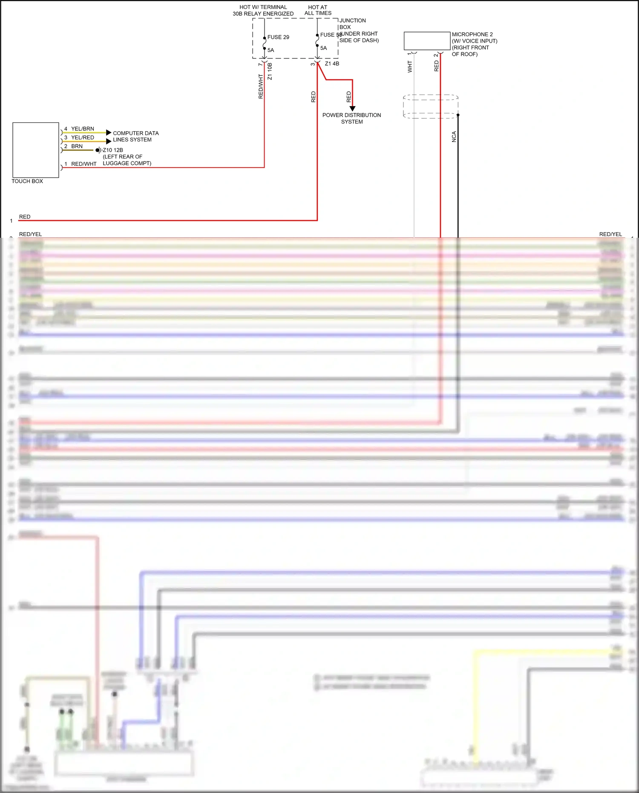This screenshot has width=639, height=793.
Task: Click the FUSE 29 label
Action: coord(278,37)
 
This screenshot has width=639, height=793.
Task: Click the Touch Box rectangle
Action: coord(36,150)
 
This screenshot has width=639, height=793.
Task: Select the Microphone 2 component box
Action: coord(427,41)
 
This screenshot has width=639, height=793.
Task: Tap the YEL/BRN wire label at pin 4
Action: coord(83,129)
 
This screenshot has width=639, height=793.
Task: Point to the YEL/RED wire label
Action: coord(83,138)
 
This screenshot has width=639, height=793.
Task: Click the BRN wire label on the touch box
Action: coord(77,146)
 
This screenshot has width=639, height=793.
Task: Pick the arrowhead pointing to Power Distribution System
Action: coord(352,109)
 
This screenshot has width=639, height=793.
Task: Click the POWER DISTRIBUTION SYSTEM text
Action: coord(352,118)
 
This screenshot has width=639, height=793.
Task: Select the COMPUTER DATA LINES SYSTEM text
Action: coord(135,136)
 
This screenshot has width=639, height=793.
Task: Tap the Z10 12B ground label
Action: coord(113,150)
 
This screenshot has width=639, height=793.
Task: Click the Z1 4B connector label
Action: coord(332,63)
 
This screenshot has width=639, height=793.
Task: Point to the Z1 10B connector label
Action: coord(270,72)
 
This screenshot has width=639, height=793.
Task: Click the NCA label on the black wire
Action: coord(454,137)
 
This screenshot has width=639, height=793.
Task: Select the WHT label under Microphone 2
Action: coord(410,66)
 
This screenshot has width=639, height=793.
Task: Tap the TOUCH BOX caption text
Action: coord(27,181)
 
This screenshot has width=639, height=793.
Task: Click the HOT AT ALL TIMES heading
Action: coord(318,10)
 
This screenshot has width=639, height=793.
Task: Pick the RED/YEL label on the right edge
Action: coord(610,234)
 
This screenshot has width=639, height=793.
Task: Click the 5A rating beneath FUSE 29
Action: coord(271,50)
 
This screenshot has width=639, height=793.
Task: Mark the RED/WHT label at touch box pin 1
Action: coord(84,164)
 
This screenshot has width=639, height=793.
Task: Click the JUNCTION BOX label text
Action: coord(352,23)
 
